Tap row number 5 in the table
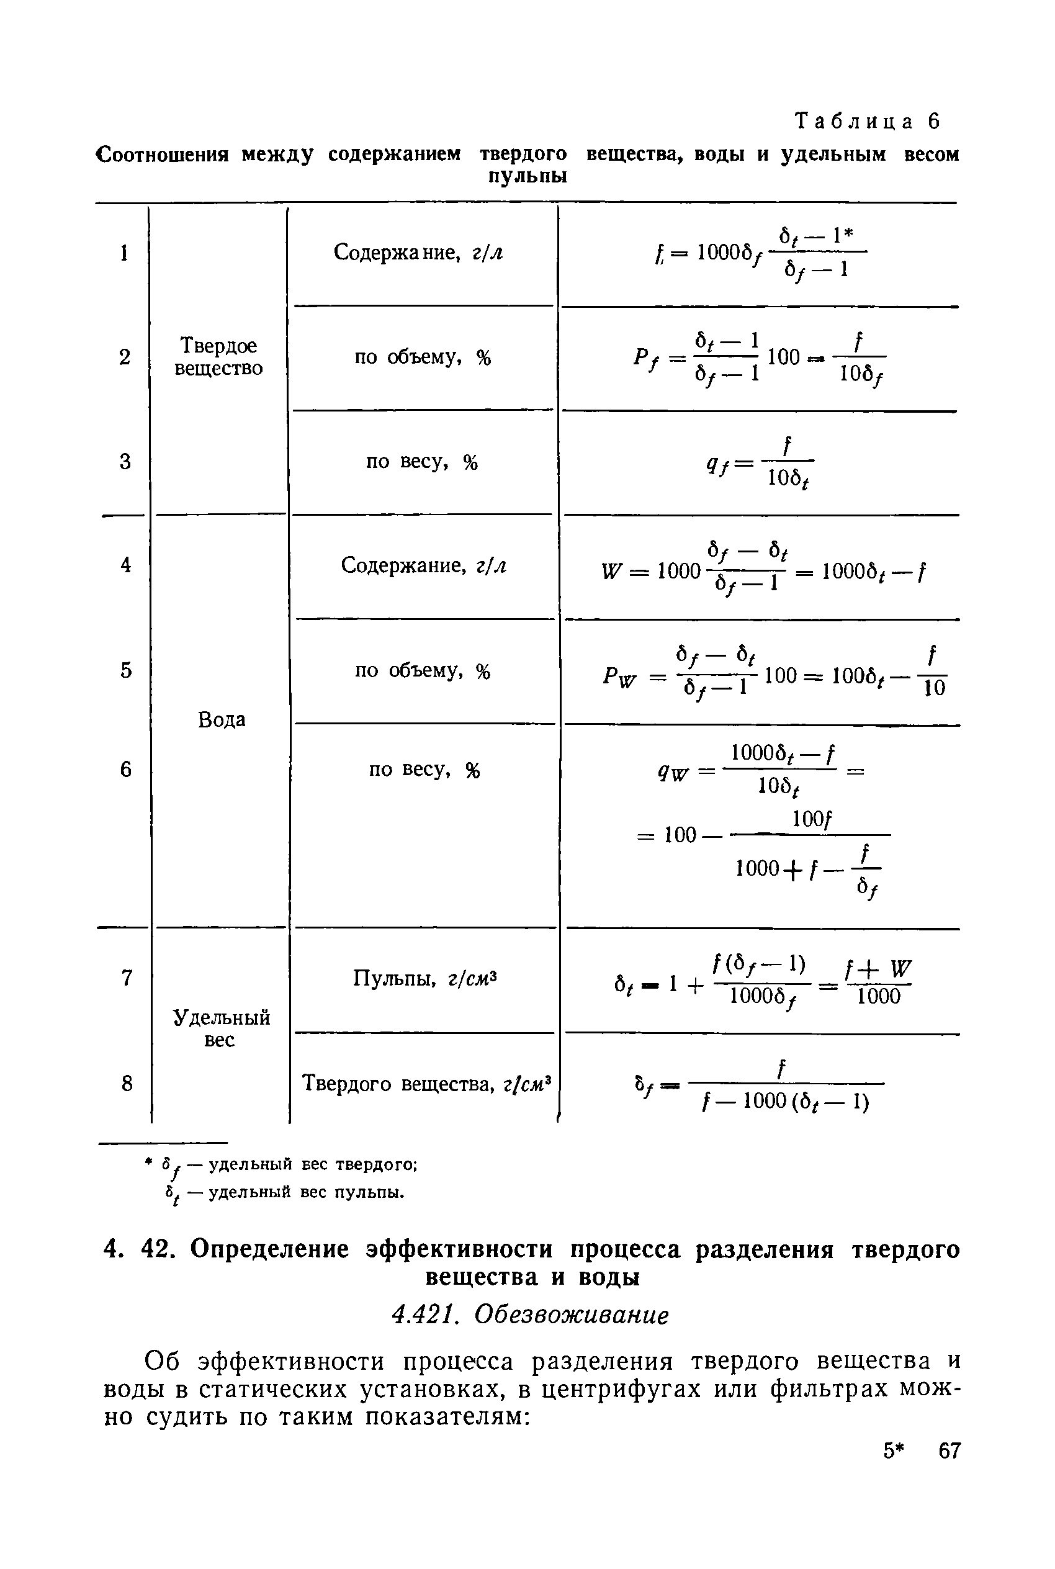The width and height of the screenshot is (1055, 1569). pyautogui.click(x=126, y=670)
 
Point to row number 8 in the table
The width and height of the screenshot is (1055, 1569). pyautogui.click(x=127, y=1083)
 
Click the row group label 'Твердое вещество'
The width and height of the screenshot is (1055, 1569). pyautogui.click(x=218, y=357)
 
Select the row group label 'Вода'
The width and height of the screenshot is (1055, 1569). pyautogui.click(x=222, y=720)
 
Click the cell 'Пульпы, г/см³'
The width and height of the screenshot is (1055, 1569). pyautogui.click(x=424, y=978)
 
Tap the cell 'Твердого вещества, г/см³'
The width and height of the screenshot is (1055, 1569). pyautogui.click(x=426, y=1083)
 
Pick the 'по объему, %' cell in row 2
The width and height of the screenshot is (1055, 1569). pyautogui.click(x=423, y=357)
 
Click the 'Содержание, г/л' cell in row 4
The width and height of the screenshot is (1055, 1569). pyautogui.click(x=423, y=565)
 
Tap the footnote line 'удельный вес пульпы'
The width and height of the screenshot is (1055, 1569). pyautogui.click(x=285, y=1192)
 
